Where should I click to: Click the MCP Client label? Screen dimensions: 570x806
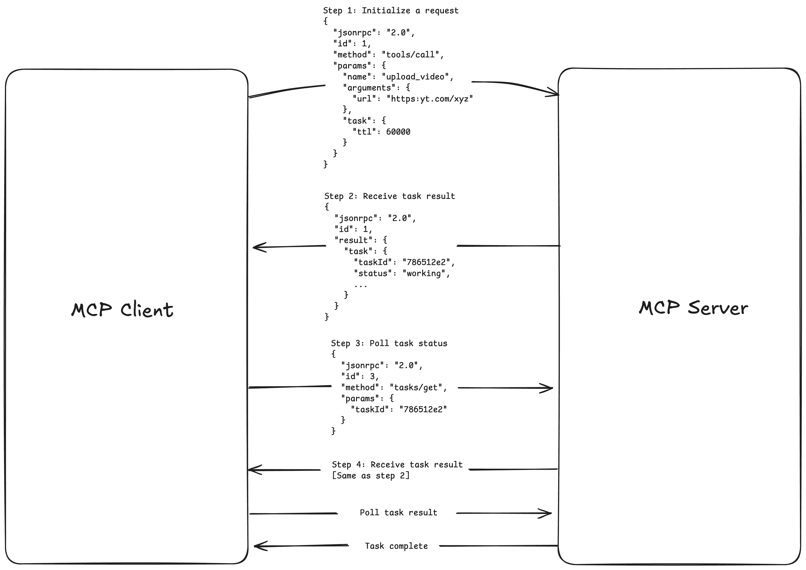[122, 310]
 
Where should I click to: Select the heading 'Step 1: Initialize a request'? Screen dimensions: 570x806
[391, 10]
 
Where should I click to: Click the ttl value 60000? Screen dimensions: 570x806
[398, 132]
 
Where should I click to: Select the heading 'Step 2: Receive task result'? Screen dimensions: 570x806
[390, 196]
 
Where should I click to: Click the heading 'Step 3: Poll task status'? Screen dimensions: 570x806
[389, 343]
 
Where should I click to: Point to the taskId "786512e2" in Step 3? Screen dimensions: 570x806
[423, 409]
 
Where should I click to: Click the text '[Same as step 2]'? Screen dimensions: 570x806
[370, 476]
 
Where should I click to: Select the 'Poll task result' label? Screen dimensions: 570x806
[398, 513]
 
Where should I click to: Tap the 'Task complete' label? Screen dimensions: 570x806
[396, 546]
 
